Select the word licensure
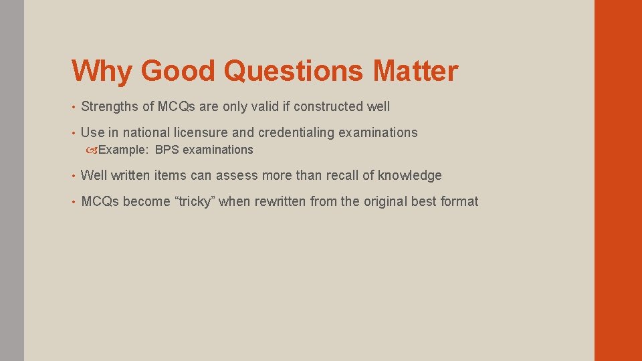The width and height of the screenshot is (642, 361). (198, 132)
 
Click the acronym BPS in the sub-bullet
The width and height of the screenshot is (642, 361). (167, 150)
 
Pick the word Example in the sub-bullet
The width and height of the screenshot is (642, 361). (124, 150)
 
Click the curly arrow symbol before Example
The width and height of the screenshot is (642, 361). (92, 150)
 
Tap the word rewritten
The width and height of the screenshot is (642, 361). (280, 201)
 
